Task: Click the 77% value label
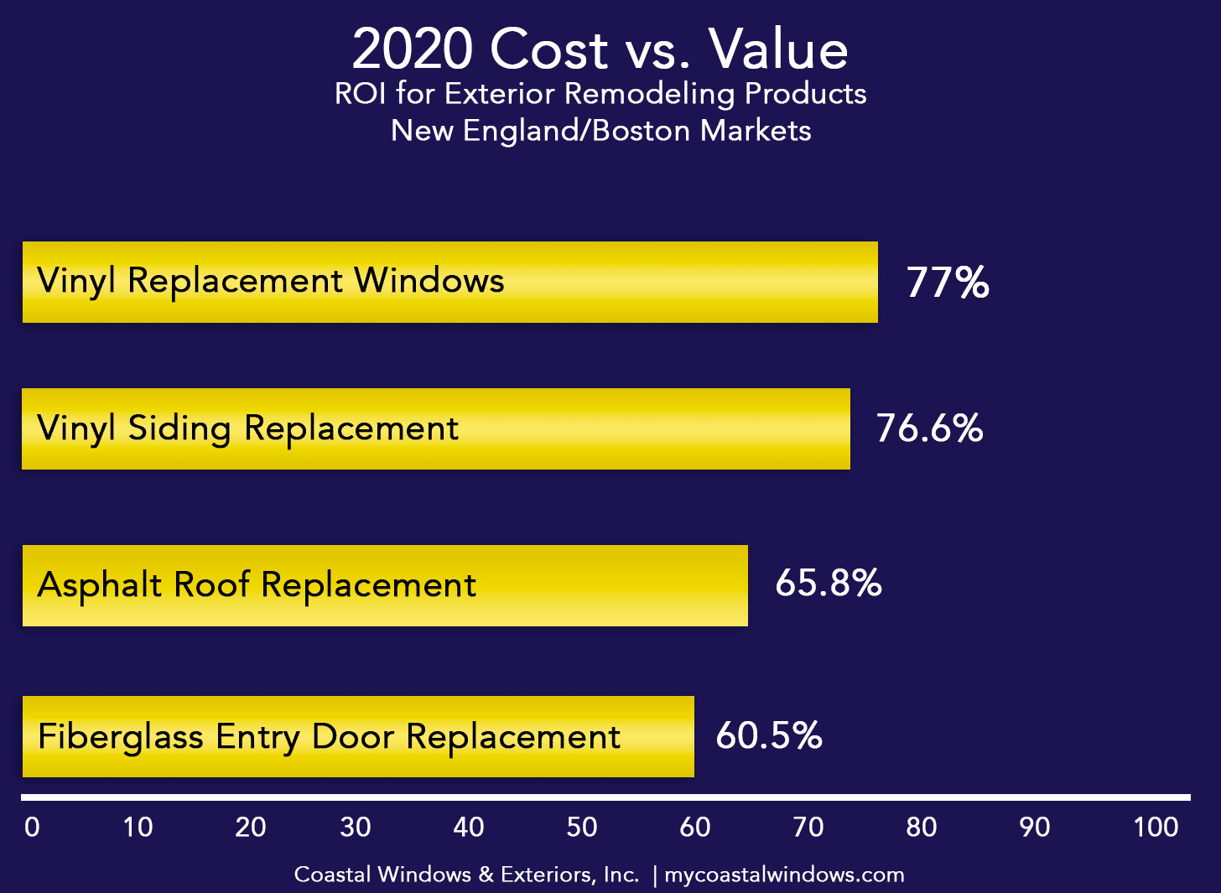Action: click(x=948, y=283)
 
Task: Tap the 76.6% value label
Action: click(x=929, y=428)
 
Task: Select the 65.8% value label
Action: click(x=829, y=583)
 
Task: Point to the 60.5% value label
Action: click(x=769, y=735)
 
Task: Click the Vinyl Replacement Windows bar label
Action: click(x=271, y=281)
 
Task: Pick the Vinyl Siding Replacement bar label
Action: click(x=248, y=428)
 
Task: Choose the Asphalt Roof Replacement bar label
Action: click(x=257, y=584)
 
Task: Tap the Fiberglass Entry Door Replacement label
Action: click(x=330, y=737)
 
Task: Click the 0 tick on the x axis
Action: click(x=32, y=828)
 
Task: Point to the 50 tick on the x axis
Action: click(x=582, y=828)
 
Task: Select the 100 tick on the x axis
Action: click(x=1156, y=828)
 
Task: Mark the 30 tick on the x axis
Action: click(x=356, y=828)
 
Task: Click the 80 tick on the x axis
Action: click(x=922, y=828)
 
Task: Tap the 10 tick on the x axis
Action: click(x=138, y=828)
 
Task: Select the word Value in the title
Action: click(x=779, y=49)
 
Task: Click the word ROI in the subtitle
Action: click(x=360, y=94)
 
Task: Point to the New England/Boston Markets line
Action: click(x=601, y=131)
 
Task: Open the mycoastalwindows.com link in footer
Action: click(x=784, y=875)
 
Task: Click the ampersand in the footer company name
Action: click(x=486, y=875)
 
